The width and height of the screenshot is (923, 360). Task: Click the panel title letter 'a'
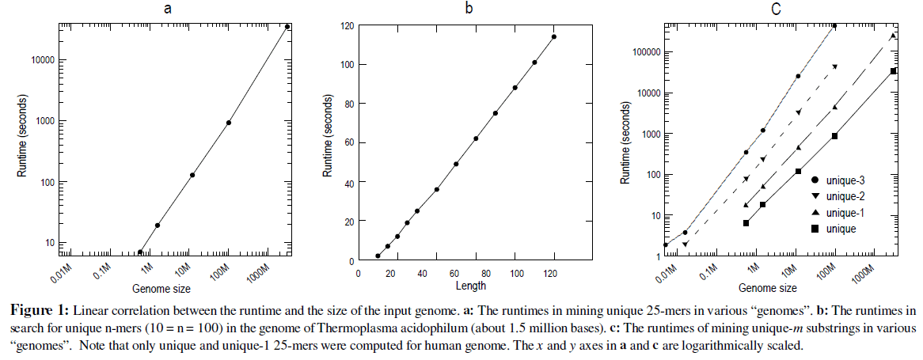(x=166, y=9)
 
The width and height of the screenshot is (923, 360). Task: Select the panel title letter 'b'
(x=469, y=9)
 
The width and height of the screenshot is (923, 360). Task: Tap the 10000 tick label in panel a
(x=36, y=60)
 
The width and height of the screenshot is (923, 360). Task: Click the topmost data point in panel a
(x=287, y=27)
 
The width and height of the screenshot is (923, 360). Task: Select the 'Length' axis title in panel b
(x=471, y=286)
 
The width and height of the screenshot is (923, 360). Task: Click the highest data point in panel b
(x=554, y=36)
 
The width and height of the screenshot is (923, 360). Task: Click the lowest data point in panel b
(x=378, y=256)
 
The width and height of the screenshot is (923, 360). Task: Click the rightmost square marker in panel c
(x=893, y=71)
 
